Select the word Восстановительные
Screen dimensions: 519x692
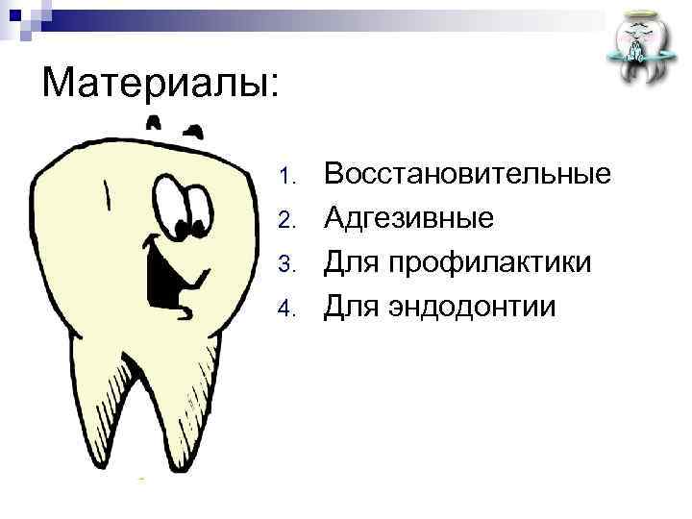[468, 175]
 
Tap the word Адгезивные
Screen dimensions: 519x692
[409, 219]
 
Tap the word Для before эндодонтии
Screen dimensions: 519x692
[349, 307]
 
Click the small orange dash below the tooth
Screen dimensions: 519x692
[141, 478]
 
